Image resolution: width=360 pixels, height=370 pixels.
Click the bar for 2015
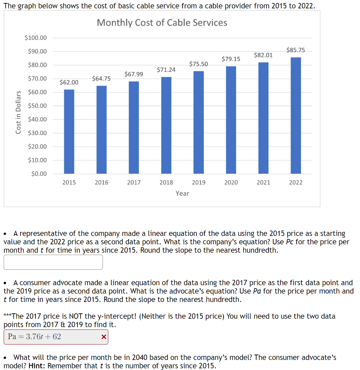click(x=69, y=131)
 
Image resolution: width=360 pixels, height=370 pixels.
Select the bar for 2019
click(x=199, y=122)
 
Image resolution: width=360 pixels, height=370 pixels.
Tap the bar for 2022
click(x=296, y=115)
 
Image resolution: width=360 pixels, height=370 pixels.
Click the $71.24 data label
click(x=166, y=70)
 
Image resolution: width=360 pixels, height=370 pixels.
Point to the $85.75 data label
click(x=296, y=50)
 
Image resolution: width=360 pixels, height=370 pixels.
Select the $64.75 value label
click(x=101, y=78)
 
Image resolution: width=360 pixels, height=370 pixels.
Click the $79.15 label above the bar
click(x=231, y=59)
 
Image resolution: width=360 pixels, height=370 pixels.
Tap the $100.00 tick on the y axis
click(x=36, y=38)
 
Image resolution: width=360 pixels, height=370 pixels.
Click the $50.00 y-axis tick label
click(x=38, y=106)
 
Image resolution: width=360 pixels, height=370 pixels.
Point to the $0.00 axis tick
click(x=39, y=174)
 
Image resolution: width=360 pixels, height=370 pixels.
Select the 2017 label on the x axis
click(x=134, y=183)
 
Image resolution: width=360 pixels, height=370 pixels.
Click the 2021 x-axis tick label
click(x=263, y=183)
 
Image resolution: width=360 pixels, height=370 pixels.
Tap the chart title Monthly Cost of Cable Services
click(x=162, y=22)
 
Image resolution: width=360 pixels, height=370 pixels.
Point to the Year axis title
click(x=182, y=193)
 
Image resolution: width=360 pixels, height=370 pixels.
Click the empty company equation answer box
click(x=53, y=262)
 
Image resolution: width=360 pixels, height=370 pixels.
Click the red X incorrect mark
click(x=104, y=337)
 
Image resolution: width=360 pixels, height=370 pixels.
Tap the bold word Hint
click(x=37, y=366)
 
